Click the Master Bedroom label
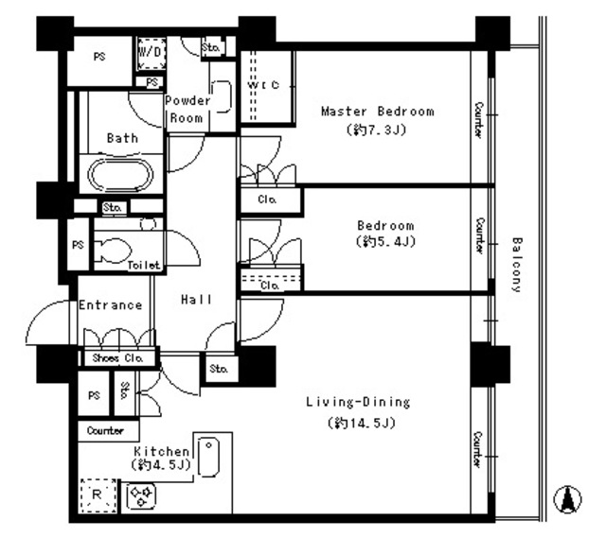click(378, 112)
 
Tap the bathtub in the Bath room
click(120, 174)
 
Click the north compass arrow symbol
click(567, 499)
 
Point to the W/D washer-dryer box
click(151, 53)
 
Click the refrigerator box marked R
click(98, 495)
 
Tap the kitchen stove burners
click(141, 496)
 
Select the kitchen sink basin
click(208, 457)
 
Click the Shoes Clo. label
click(117, 358)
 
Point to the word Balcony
click(517, 265)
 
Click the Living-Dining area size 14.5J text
click(362, 424)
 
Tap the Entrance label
click(111, 305)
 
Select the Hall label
click(196, 300)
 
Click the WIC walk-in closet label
click(263, 85)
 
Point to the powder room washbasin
click(222, 96)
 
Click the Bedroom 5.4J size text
click(385, 242)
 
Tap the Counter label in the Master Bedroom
click(478, 120)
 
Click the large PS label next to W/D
click(99, 57)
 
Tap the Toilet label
click(144, 265)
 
